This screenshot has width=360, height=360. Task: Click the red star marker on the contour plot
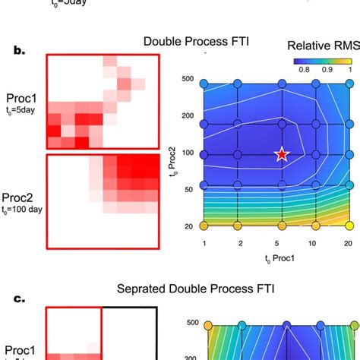282,154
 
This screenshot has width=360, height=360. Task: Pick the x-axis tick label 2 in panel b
241,242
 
